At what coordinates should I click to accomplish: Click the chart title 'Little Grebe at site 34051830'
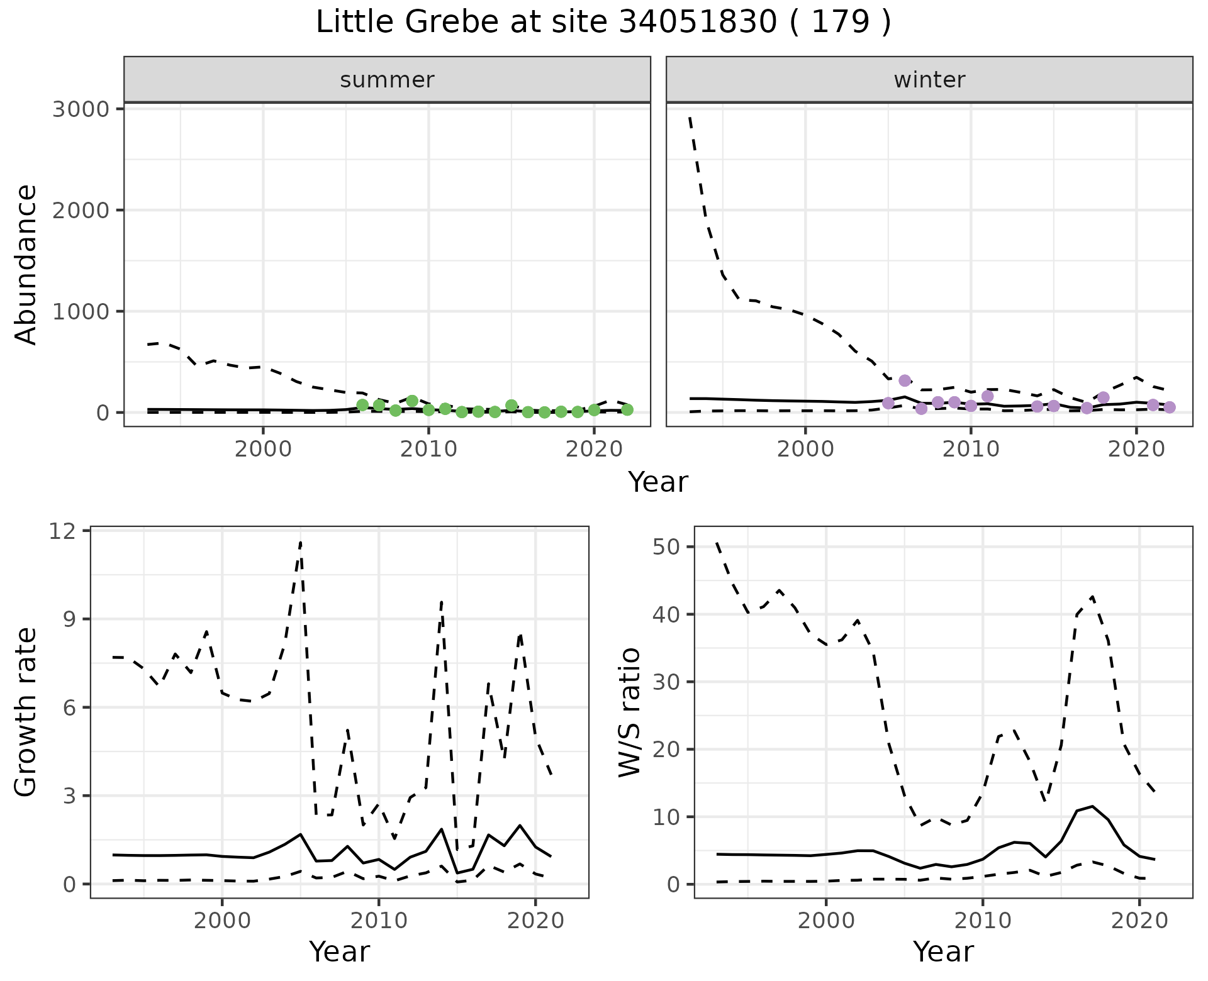tap(603, 23)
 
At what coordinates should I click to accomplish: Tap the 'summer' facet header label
tap(387, 80)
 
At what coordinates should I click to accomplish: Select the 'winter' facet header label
tap(929, 80)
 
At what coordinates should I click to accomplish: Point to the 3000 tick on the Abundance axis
tap(81, 109)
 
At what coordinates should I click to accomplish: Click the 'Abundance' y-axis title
tap(26, 264)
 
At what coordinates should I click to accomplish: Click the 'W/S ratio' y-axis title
tap(629, 712)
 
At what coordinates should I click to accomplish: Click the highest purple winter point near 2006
tap(905, 380)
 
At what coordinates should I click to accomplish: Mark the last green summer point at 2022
tap(627, 409)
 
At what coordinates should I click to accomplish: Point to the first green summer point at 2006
tap(362, 405)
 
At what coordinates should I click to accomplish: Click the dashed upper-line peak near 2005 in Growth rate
tap(301, 541)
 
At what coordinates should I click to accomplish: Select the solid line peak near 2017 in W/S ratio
tap(1092, 806)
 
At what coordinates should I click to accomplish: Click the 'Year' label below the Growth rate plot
tap(339, 951)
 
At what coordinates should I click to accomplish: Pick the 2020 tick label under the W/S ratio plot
tap(1139, 921)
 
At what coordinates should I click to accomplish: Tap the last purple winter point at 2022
tap(1169, 407)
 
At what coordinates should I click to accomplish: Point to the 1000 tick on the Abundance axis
tap(81, 312)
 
